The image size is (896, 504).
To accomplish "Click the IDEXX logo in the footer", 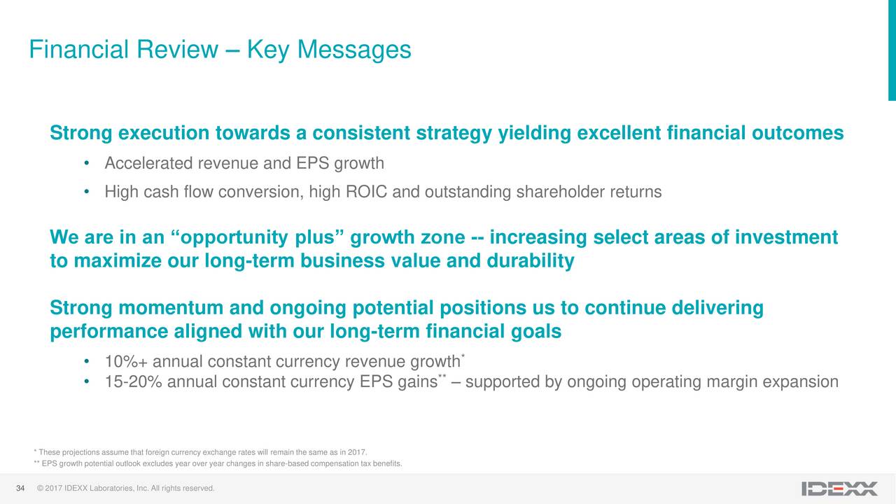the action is [x=839, y=489].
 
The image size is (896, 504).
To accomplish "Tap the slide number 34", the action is [x=20, y=489].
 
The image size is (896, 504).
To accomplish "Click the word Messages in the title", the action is [x=354, y=50].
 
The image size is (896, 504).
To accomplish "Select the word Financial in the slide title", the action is [x=78, y=50].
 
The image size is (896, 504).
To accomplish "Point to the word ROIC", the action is [x=366, y=192].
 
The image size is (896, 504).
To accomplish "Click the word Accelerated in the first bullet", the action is [x=148, y=163].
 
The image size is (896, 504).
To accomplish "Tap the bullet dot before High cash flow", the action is [x=86, y=192].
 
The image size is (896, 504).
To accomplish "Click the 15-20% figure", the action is [x=133, y=381].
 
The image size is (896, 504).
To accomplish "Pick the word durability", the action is [x=531, y=261].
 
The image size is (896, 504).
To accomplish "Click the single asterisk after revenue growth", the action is [x=463, y=356].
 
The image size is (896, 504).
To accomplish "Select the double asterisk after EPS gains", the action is [x=442, y=376].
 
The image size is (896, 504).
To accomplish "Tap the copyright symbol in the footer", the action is [x=40, y=489].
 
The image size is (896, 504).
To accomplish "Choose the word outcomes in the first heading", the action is [x=797, y=133].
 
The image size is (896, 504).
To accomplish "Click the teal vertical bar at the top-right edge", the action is [x=892, y=50].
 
